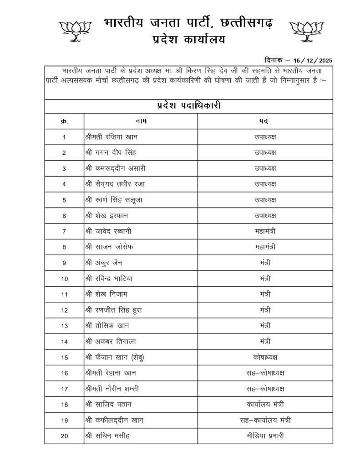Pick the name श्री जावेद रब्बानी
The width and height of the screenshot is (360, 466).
pyautogui.click(x=109, y=231)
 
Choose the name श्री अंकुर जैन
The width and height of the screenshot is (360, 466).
pyautogui.click(x=103, y=263)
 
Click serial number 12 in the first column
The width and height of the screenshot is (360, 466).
pyautogui.click(x=64, y=310)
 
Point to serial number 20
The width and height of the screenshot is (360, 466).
pyautogui.click(x=64, y=436)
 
